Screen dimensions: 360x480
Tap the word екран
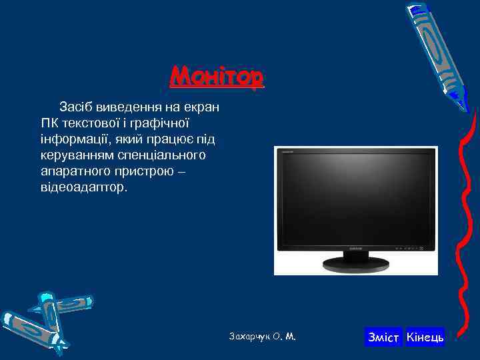203,106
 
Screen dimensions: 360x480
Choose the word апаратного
73,171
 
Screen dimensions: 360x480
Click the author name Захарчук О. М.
262,337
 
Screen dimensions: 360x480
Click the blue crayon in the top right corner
438,53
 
